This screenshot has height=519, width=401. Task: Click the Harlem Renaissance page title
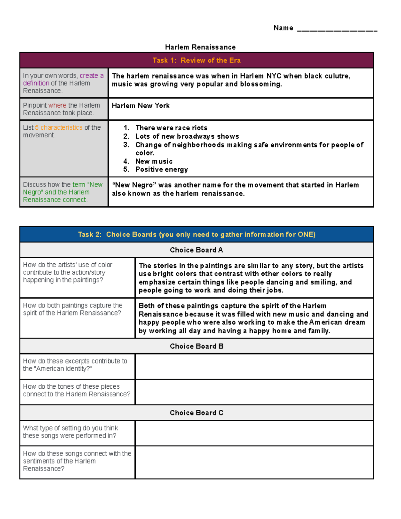point(200,47)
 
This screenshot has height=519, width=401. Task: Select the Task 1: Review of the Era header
point(196,60)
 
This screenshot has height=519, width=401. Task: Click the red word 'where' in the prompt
point(57,105)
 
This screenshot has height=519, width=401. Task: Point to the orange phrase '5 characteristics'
point(59,128)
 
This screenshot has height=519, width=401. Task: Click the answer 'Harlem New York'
point(141,106)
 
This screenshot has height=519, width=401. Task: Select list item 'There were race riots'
point(171,128)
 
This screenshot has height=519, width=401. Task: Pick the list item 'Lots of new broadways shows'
point(187,136)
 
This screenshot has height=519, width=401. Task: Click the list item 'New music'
point(154,161)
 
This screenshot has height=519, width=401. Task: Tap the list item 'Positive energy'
point(161,169)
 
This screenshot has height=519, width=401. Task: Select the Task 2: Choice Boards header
point(196,235)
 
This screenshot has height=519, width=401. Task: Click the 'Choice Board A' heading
point(196,250)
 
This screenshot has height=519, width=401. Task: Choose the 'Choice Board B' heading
point(196,346)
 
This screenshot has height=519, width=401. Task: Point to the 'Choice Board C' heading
point(196,413)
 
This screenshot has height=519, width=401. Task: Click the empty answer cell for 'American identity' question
point(254,367)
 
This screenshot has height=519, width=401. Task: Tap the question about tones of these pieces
point(77,390)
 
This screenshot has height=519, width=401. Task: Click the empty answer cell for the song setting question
point(254,433)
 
